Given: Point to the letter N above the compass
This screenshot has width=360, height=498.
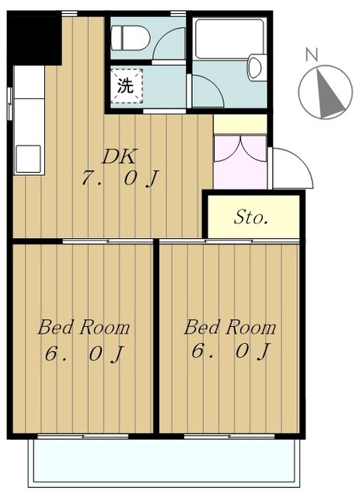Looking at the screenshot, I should (311, 54).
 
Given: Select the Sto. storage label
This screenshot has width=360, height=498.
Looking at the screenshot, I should (251, 217).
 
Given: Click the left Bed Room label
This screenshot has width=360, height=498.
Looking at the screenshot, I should (83, 327).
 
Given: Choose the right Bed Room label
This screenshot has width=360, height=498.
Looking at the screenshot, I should (229, 327).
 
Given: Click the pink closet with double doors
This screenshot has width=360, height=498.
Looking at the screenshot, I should (240, 161).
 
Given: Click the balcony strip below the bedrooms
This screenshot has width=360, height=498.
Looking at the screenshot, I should (163, 463).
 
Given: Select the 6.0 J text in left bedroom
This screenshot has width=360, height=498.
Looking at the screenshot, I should (83, 353).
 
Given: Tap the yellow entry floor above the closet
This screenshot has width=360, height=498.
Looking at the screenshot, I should (239, 124).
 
